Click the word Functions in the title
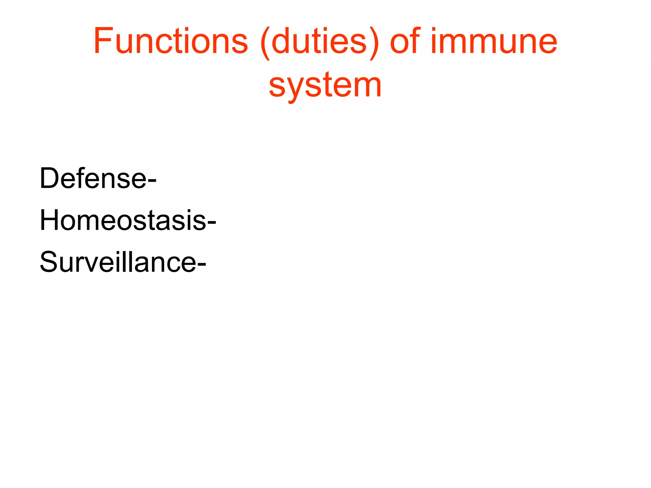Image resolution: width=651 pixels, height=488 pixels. [170, 41]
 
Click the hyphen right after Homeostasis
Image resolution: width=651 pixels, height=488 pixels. [212, 224]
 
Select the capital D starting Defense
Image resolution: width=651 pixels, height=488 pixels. [50, 179]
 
